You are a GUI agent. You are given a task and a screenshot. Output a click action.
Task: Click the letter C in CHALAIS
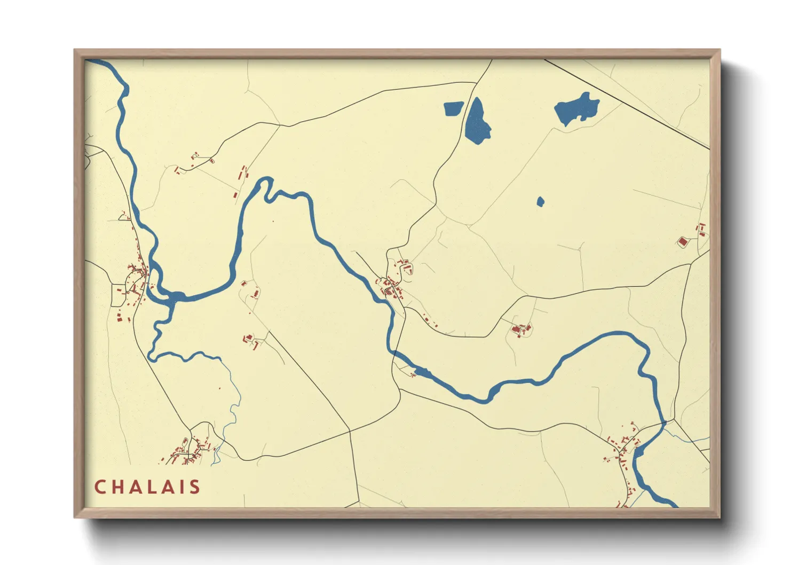coord(99,487)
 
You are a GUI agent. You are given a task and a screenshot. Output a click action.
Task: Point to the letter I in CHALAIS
coord(182,487)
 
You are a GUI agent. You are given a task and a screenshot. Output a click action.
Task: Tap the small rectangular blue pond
coord(454,109)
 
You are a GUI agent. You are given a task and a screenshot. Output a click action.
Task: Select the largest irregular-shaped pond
coord(575,108)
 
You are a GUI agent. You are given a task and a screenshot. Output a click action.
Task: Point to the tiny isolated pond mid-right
coord(540,202)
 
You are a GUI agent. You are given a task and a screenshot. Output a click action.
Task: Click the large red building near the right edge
coord(682,242)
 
